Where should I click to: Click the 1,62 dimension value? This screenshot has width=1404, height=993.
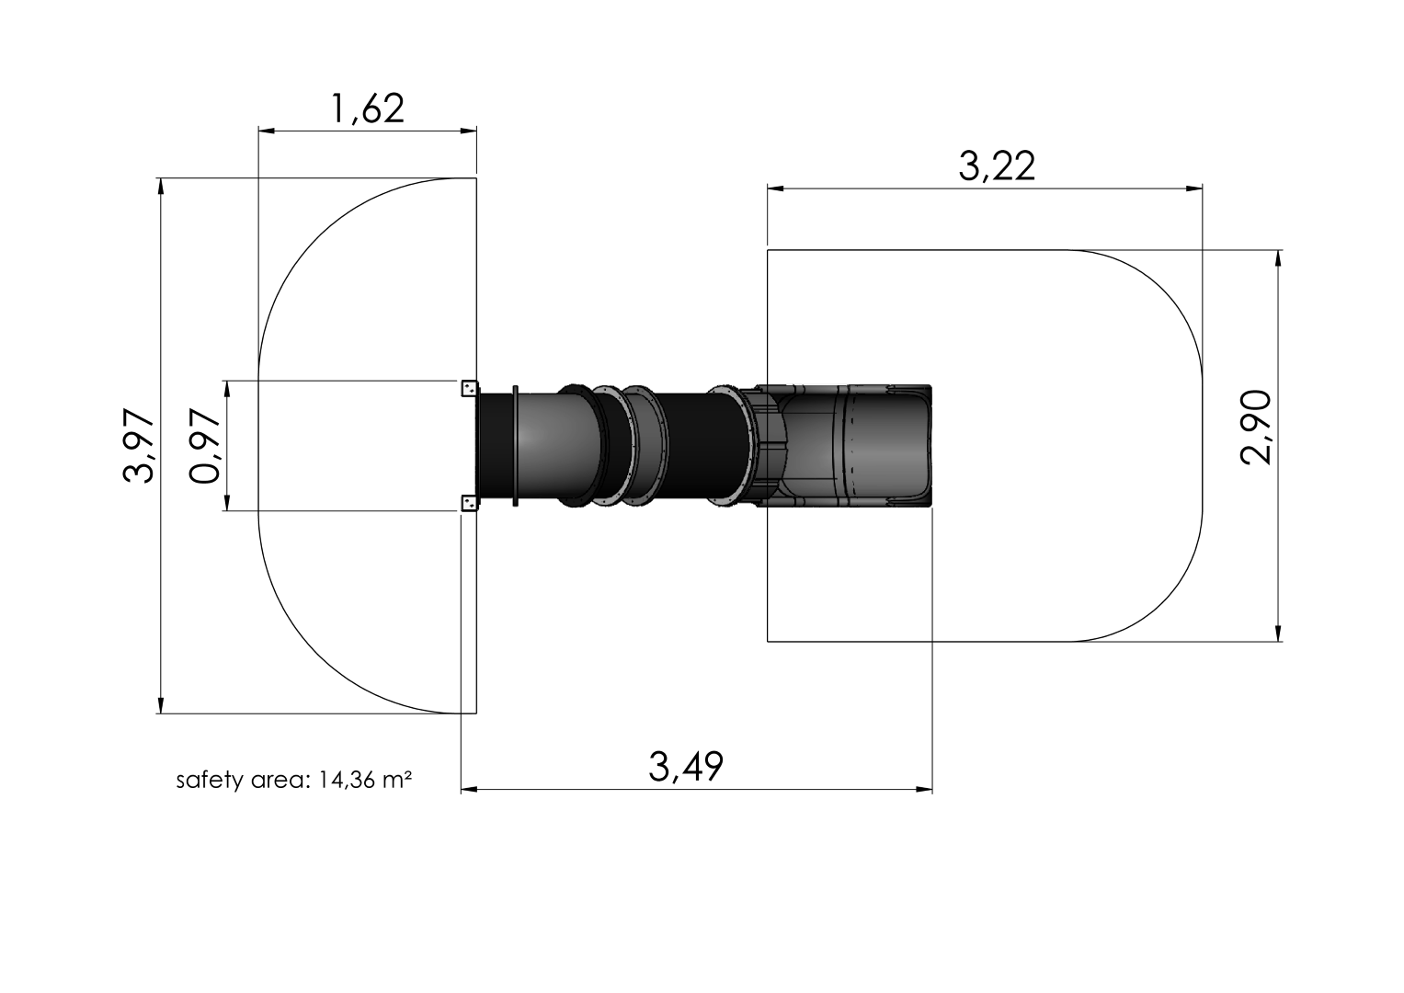[367, 108]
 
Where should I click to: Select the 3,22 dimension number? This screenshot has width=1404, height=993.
[997, 167]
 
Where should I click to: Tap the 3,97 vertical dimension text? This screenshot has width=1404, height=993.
[139, 446]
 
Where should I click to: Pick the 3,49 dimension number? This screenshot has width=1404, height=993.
[686, 766]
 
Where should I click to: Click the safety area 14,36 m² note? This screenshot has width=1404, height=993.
[292, 781]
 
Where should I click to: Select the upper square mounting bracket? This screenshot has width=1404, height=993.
[469, 388]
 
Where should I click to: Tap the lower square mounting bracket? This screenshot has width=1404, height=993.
[469, 502]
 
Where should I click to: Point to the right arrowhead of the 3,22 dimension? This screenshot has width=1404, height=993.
[1194, 189]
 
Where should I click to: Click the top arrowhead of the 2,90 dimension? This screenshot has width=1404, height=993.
[1278, 258]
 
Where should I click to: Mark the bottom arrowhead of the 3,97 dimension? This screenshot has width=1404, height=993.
[161, 704]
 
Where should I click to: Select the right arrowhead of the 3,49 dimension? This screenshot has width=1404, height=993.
[924, 789]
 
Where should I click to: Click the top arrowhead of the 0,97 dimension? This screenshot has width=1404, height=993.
[227, 388]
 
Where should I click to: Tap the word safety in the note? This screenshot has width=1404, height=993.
[200, 781]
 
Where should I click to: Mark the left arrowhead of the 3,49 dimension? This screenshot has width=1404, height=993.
[469, 789]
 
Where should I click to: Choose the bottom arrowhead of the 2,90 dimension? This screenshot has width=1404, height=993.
[1278, 633]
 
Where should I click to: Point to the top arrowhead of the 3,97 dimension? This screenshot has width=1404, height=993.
[161, 186]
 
